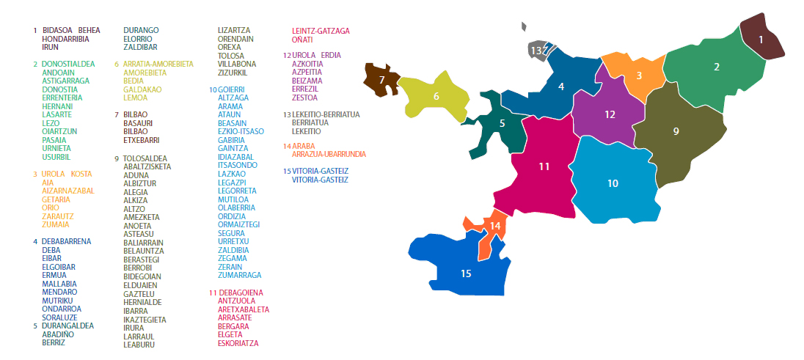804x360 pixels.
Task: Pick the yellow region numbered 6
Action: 437,97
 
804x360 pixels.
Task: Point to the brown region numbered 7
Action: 381,79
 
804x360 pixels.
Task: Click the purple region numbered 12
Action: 609,115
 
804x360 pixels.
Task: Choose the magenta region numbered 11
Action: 543,166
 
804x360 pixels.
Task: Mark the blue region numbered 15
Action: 465,273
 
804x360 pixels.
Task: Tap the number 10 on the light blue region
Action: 613,183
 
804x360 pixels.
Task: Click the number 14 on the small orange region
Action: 495,226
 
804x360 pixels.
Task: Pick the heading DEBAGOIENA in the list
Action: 240,293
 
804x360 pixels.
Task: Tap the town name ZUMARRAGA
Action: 239,275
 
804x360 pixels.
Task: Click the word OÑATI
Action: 302,39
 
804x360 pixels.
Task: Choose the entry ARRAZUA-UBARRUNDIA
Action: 329,154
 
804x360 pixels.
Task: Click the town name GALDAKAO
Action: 142,89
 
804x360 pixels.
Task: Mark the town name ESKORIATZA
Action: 238,343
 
